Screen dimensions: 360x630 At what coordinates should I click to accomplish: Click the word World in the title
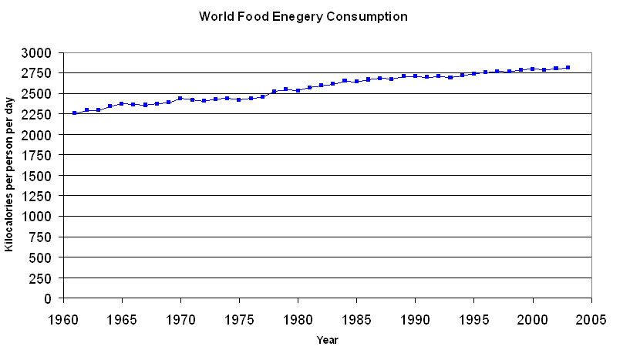click(x=215, y=16)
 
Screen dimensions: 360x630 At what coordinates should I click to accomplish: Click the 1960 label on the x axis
click(x=63, y=318)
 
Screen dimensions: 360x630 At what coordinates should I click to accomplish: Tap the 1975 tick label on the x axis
click(x=239, y=318)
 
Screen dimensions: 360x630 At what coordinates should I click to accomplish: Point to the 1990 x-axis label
click(x=415, y=318)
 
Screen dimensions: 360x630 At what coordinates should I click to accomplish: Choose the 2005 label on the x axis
click(x=591, y=318)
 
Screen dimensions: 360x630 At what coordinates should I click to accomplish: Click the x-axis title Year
click(x=327, y=339)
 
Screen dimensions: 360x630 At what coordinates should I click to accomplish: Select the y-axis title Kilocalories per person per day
click(x=10, y=175)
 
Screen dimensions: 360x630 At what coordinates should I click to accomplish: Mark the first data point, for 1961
click(x=75, y=113)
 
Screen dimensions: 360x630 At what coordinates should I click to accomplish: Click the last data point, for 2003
click(x=568, y=68)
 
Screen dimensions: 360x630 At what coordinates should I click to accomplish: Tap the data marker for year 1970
click(x=180, y=99)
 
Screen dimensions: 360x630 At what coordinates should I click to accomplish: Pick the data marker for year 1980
click(x=298, y=90)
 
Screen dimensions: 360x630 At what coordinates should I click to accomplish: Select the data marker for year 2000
click(x=532, y=69)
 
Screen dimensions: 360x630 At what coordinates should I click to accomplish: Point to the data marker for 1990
click(x=415, y=76)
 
